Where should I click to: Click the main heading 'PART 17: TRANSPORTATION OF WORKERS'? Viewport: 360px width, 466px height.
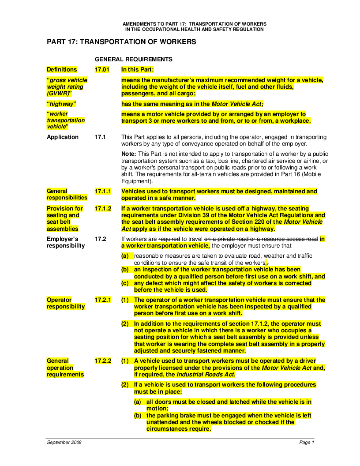click(121, 42)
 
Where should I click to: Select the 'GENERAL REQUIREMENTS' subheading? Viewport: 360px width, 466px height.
click(134, 59)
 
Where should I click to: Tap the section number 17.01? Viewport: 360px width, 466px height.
click(102, 69)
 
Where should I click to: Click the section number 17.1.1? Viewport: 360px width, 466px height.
click(103, 192)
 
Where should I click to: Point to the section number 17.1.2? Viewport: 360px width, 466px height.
click(103, 208)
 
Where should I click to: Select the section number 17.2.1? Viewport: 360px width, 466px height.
click(103, 300)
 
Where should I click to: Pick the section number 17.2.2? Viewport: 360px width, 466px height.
click(103, 361)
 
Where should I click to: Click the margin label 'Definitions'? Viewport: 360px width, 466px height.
click(62, 69)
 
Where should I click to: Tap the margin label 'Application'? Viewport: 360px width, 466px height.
click(63, 137)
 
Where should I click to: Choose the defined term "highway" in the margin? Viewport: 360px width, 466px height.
click(62, 104)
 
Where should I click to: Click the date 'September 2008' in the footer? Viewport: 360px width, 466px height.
click(64, 442)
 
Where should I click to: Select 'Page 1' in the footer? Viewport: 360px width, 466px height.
click(306, 442)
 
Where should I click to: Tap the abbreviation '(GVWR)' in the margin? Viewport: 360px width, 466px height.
click(59, 94)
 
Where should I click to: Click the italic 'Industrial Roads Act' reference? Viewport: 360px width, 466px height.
click(205, 375)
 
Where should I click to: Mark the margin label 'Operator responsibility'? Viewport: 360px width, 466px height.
click(66, 303)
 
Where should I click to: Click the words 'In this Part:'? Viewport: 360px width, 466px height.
click(137, 69)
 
